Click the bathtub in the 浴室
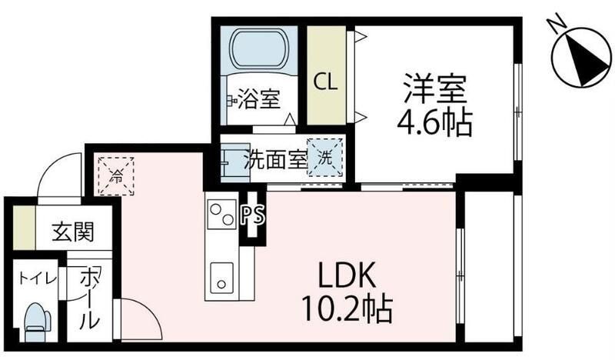click(x=258, y=48)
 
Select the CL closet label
click(x=325, y=82)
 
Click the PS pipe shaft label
click(x=253, y=215)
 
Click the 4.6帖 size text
click(x=434, y=123)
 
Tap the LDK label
click(x=347, y=275)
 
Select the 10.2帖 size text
click(x=347, y=309)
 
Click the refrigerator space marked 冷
click(x=116, y=176)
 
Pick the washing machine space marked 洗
click(x=324, y=158)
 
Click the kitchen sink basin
click(x=221, y=278)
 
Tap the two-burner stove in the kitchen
click(x=221, y=215)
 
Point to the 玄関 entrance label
click(x=73, y=232)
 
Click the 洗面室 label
click(x=275, y=159)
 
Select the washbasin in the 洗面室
click(x=235, y=162)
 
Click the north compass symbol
click(x=581, y=58)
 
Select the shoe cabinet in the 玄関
click(x=24, y=228)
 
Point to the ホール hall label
click(x=89, y=298)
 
